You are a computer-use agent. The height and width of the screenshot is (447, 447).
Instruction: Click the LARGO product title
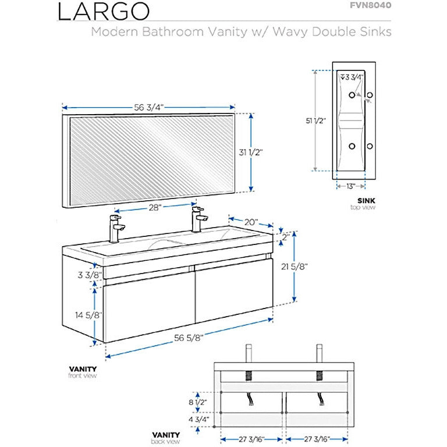pos(104,12)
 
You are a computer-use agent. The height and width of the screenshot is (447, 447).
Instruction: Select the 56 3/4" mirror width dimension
pos(148,107)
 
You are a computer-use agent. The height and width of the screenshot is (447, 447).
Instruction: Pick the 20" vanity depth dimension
pos(250,221)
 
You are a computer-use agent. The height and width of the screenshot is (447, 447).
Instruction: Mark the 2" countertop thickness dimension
pos(285,237)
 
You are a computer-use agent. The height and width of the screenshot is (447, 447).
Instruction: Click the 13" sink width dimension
pos(350,186)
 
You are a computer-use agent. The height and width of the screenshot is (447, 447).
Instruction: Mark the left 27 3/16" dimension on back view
pos(252,439)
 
